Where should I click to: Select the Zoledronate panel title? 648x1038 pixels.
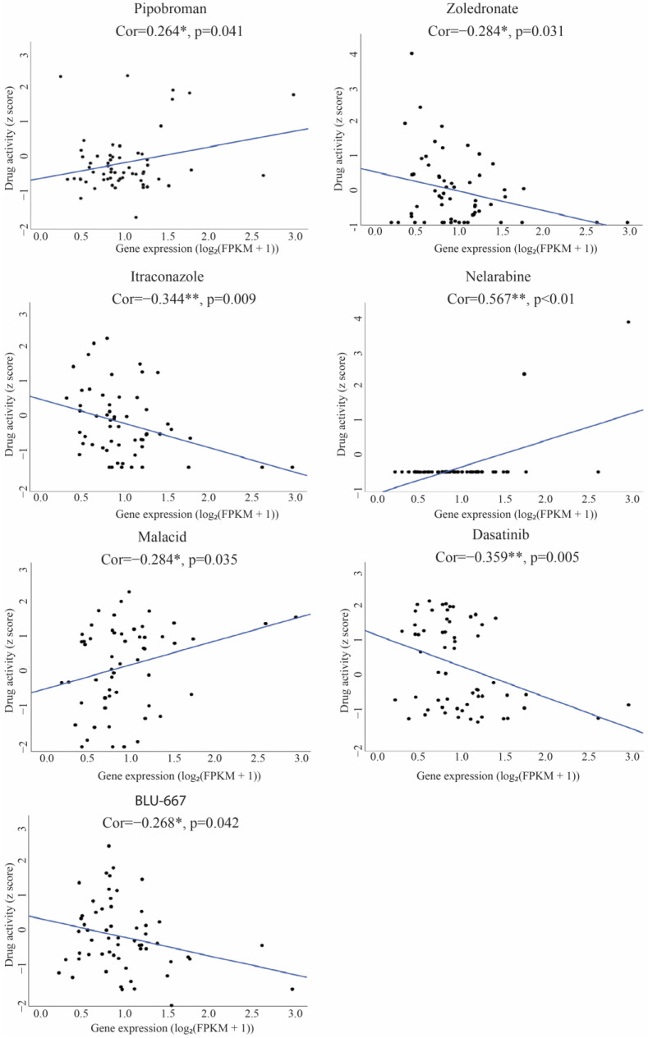point(485,10)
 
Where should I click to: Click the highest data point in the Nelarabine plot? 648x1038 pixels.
point(628,322)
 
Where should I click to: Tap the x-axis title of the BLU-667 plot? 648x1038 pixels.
point(171,1027)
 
